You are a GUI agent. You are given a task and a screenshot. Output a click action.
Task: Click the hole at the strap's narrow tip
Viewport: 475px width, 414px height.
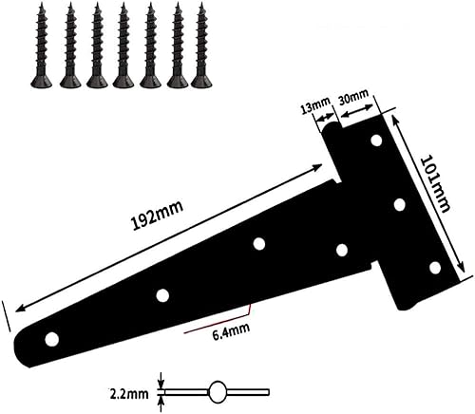click(52, 338)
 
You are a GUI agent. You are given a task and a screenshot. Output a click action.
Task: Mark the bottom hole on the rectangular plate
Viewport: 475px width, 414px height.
click(434, 267)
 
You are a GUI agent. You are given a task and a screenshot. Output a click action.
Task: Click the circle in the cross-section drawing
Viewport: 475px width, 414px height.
click(218, 389)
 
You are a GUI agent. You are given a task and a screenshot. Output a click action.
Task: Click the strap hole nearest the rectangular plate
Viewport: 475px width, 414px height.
click(341, 250)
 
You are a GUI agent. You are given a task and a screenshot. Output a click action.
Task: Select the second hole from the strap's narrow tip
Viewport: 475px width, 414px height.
click(162, 294)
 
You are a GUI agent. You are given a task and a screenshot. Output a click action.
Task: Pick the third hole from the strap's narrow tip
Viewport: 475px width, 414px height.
click(258, 243)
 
